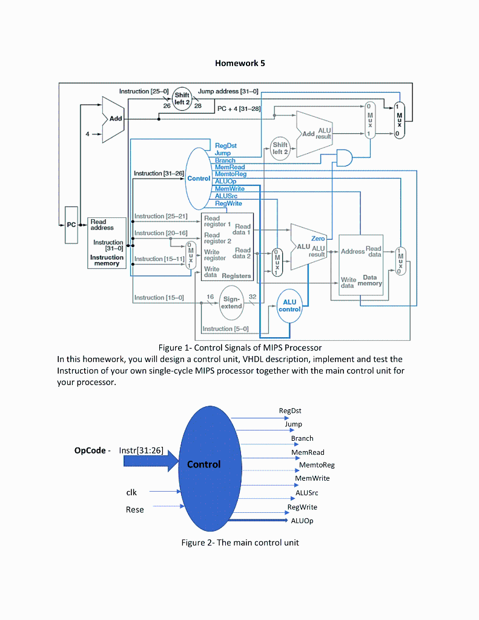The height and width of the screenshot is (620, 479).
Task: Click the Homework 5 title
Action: click(x=240, y=63)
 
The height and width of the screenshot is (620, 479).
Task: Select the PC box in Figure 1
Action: click(x=71, y=225)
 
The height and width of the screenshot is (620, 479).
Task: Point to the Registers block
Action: click(x=226, y=246)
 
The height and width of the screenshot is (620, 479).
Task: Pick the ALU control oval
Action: click(x=289, y=306)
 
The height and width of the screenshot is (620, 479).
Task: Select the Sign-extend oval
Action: click(x=231, y=302)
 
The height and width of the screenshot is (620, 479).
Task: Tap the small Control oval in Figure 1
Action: click(x=198, y=179)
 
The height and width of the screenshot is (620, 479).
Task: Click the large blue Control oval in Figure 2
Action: click(x=204, y=464)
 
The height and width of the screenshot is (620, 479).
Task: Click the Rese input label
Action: click(x=134, y=509)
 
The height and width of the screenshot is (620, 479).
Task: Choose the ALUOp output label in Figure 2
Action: click(x=302, y=520)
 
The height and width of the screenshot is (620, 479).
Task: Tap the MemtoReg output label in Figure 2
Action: click(x=316, y=465)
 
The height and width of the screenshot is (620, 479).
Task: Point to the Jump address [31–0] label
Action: click(x=228, y=91)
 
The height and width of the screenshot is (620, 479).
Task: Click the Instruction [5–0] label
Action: click(x=225, y=329)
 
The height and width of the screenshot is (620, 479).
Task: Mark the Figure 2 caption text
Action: click(x=240, y=542)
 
